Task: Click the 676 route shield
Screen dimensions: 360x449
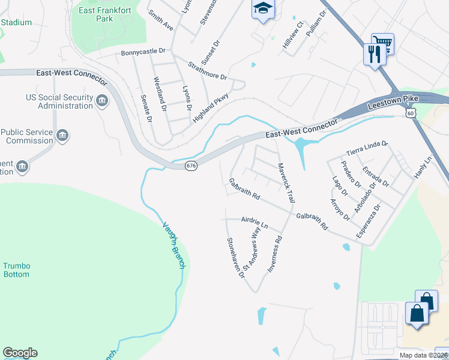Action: click(x=190, y=166)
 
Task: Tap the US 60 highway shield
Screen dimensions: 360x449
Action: click(x=410, y=112)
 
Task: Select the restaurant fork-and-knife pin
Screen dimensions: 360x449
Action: click(x=373, y=55)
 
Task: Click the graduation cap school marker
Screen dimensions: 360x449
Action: click(x=262, y=8)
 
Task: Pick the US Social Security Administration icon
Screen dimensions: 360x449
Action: click(x=101, y=100)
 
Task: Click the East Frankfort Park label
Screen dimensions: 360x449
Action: click(x=96, y=14)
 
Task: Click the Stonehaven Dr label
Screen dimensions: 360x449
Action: click(x=235, y=257)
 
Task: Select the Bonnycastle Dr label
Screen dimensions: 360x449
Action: click(x=143, y=52)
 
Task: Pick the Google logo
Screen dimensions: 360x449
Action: click(x=20, y=353)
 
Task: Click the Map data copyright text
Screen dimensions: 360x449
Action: click(x=423, y=355)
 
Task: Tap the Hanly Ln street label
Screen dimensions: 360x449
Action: click(x=423, y=167)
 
